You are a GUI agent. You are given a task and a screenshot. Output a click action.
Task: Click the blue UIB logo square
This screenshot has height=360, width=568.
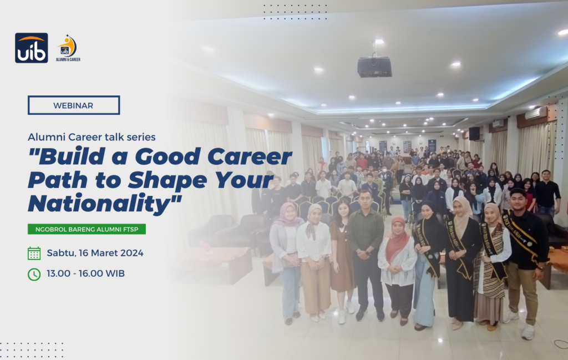tap(32, 48)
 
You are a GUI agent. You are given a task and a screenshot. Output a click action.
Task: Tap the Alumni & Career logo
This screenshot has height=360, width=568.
tap(68, 48)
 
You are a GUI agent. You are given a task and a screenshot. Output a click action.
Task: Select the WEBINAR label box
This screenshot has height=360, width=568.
tap(74, 105)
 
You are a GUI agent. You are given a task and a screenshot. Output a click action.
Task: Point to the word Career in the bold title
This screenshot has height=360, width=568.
tap(250, 156)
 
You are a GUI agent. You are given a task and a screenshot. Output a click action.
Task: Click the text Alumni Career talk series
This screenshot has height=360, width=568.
tap(92, 137)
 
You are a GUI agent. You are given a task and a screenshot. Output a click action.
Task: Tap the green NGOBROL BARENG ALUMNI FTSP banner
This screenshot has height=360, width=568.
tap(87, 229)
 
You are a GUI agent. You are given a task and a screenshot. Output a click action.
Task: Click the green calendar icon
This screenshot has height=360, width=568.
tap(34, 253)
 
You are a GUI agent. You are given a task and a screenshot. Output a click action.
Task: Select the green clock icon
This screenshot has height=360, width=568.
tap(34, 274)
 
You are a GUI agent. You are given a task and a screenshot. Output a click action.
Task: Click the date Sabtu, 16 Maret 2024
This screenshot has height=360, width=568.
tap(95, 253)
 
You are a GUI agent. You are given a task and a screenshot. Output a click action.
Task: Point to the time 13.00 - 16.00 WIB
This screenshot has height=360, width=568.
tap(85, 273)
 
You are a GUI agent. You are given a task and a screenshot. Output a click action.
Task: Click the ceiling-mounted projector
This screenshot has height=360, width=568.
tap(374, 66)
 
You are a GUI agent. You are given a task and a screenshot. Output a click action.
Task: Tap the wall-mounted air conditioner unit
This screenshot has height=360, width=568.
tap(536, 113)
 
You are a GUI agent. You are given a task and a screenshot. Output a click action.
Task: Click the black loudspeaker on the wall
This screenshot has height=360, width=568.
tap(474, 133)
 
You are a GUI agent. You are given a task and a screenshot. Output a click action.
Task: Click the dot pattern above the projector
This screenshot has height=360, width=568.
tap(295, 12)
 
